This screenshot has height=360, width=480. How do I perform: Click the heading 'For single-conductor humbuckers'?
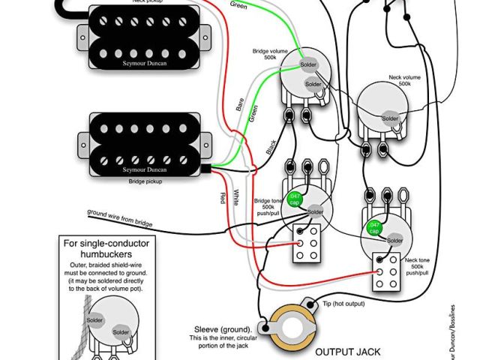click(111, 248)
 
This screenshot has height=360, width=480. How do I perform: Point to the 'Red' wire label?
click(222, 198)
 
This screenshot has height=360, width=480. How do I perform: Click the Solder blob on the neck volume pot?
click(391, 118)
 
